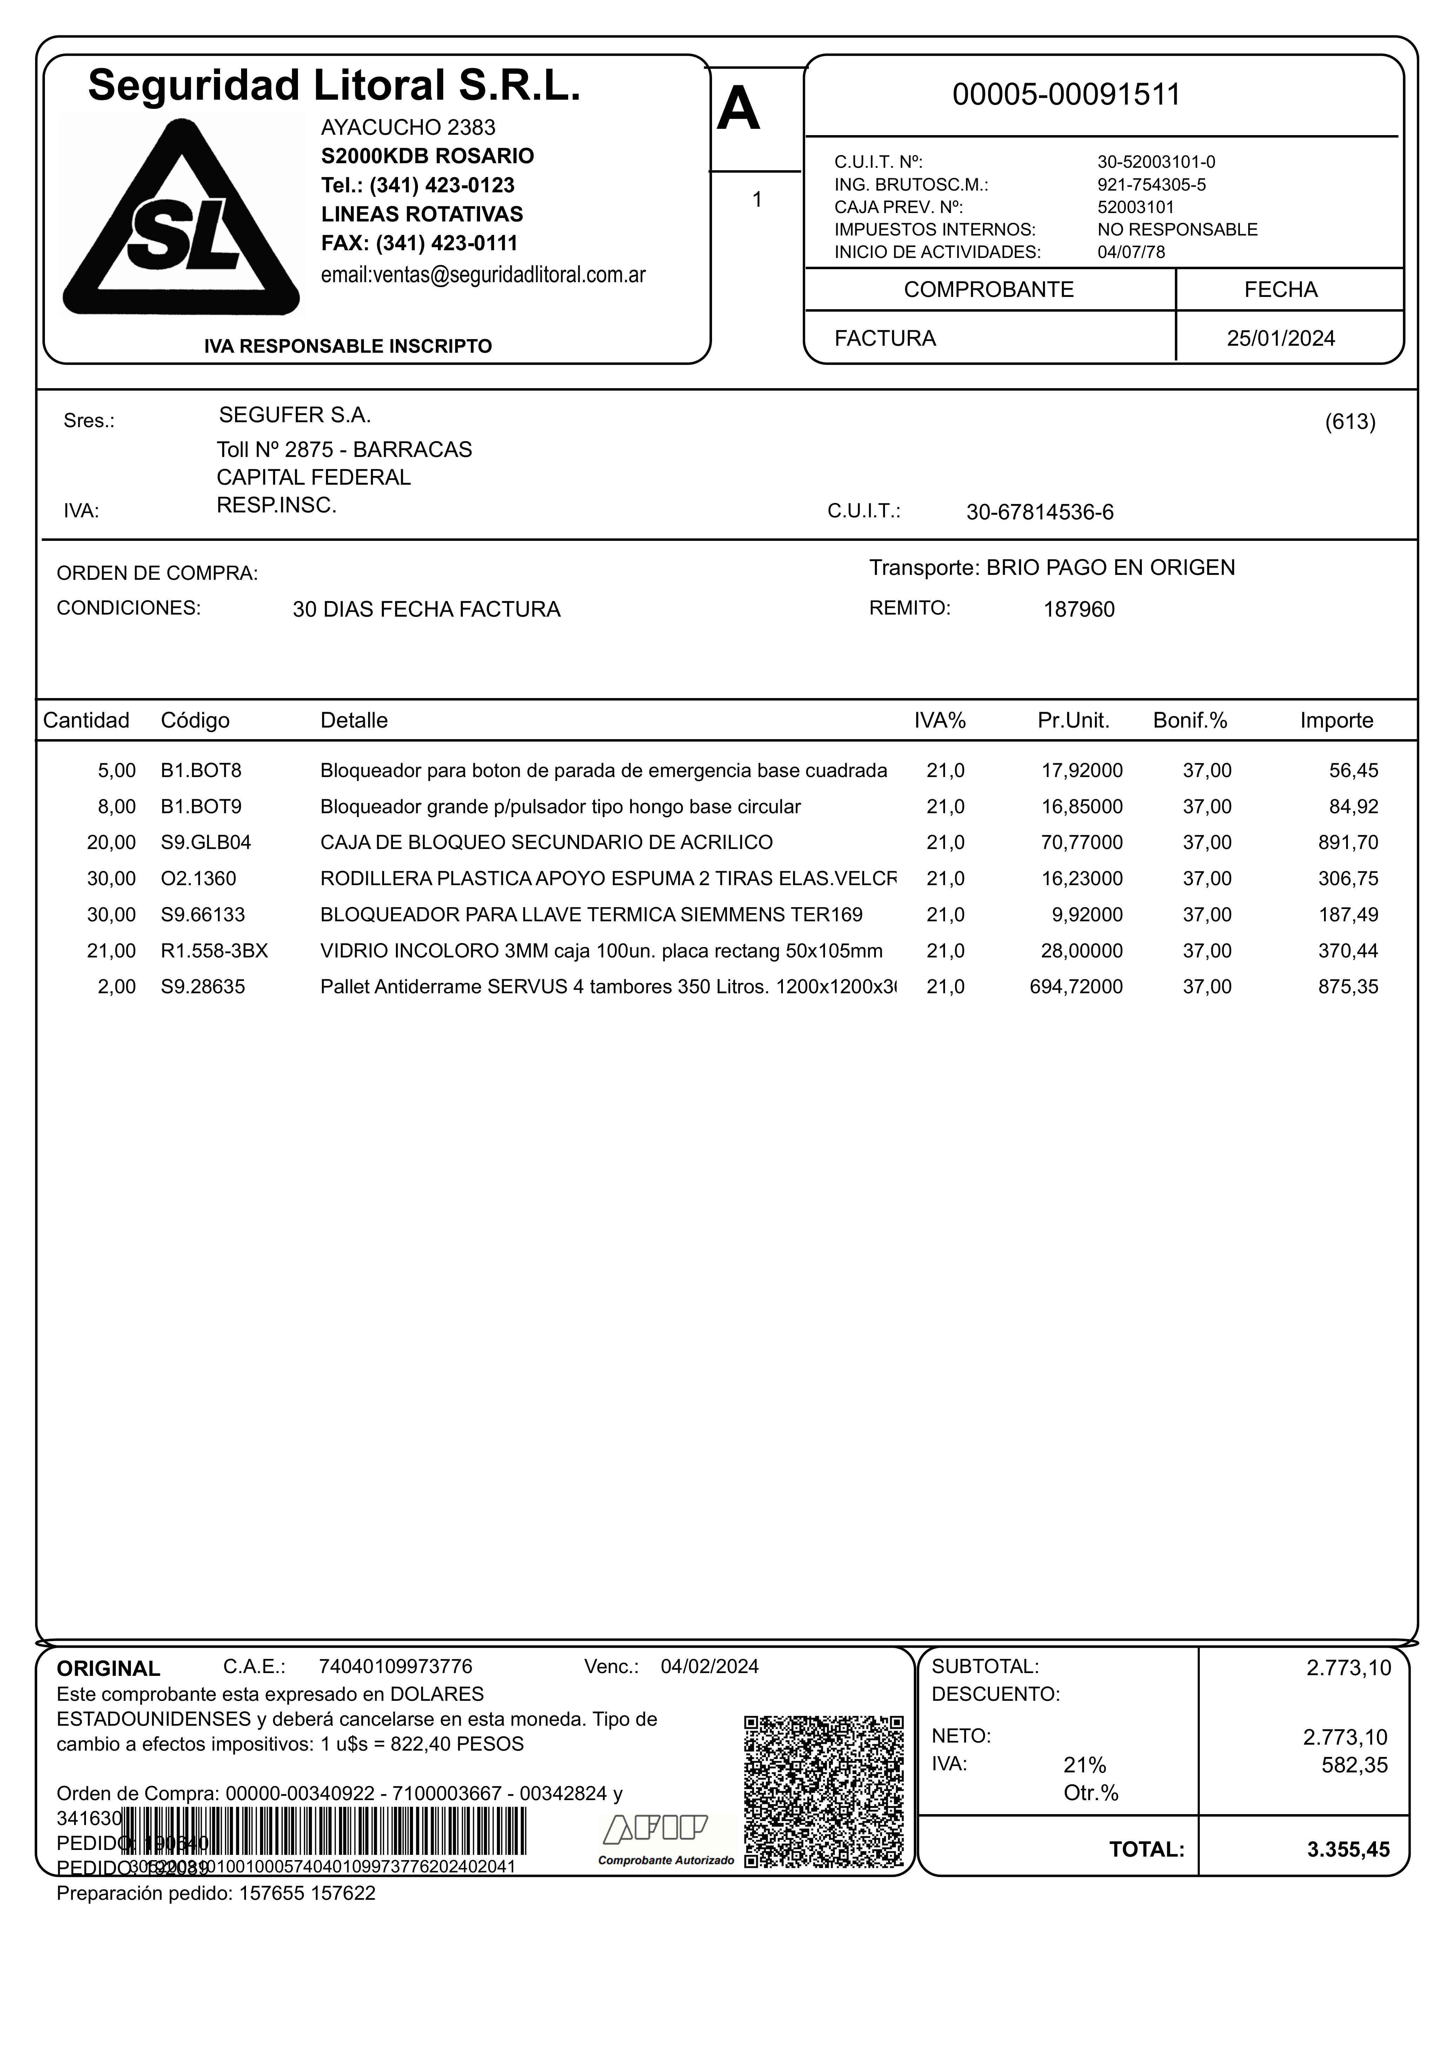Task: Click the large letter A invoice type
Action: [738, 111]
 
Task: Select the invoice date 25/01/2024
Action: [1281, 338]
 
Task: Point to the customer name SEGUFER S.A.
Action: [295, 415]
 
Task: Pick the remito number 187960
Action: [1079, 610]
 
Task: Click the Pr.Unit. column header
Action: [1073, 721]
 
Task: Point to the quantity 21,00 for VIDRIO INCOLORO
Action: [112, 951]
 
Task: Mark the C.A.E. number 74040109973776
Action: [395, 1667]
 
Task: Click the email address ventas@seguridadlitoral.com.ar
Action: [483, 275]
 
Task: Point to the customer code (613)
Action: [1349, 422]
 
